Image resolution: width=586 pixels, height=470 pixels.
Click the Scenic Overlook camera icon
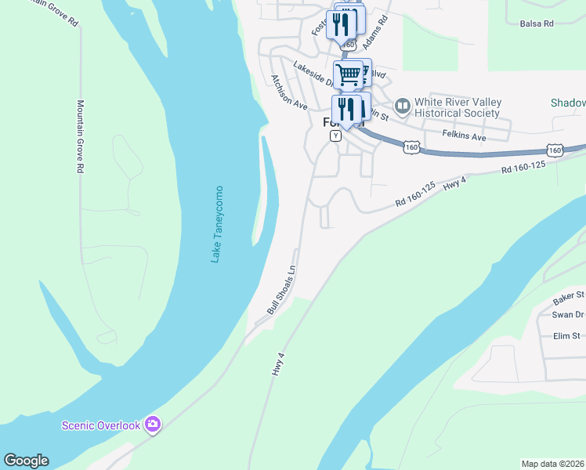[153, 425]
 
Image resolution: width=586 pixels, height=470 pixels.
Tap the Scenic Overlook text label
[101, 425]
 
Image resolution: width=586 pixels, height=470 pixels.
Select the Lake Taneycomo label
[217, 224]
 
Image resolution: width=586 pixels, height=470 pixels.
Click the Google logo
[26, 461]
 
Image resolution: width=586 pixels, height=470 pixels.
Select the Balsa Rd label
[537, 23]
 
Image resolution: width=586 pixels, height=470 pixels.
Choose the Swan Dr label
[568, 315]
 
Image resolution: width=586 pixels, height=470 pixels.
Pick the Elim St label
[566, 336]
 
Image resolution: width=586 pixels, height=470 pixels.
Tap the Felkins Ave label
[464, 137]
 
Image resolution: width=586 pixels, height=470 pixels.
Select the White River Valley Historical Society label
[458, 108]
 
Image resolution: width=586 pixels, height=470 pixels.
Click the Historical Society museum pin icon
[403, 104]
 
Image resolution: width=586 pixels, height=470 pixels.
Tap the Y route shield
[335, 136]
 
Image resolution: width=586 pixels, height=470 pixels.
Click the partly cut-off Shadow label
[568, 103]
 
